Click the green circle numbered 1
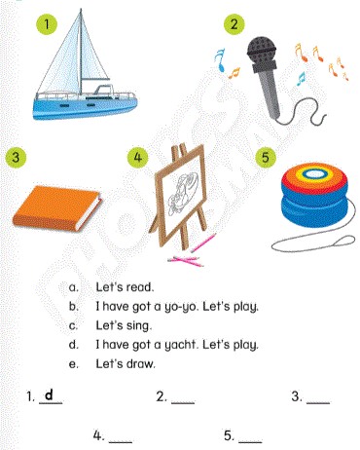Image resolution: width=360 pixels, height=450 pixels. pyautogui.click(x=47, y=24)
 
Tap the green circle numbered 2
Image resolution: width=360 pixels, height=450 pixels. pyautogui.click(x=234, y=23)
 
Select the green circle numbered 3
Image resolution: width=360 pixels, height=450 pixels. pyautogui.click(x=16, y=157)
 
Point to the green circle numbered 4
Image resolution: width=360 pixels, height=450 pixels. pyautogui.click(x=137, y=157)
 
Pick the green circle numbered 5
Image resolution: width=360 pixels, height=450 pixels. pyautogui.click(x=266, y=157)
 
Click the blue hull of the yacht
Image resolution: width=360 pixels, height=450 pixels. pyautogui.click(x=85, y=108)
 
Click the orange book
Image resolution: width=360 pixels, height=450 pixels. pyautogui.click(x=56, y=207)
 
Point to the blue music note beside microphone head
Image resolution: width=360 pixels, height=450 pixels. pyautogui.click(x=221, y=60)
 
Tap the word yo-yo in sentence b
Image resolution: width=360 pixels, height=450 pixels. pyautogui.click(x=182, y=307)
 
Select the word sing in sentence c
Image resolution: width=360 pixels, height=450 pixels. pyautogui.click(x=139, y=326)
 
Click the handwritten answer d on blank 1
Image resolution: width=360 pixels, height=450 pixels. pyautogui.click(x=49, y=394)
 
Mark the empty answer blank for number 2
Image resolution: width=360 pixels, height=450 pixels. pyautogui.click(x=183, y=403)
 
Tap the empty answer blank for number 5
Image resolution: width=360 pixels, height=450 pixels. pyautogui.click(x=250, y=441)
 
